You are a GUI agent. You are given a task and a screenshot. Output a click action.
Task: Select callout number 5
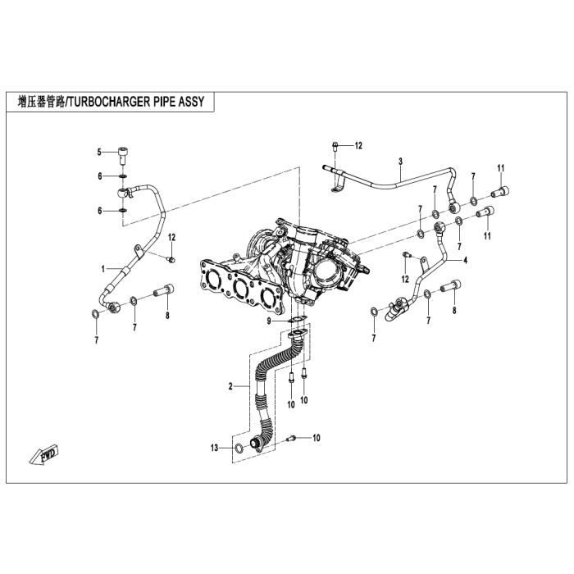pyautogui.click(x=99, y=152)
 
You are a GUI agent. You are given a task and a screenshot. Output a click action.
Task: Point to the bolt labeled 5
pyautogui.click(x=122, y=152)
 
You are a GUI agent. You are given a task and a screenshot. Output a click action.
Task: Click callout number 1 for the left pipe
pyautogui.click(x=104, y=268)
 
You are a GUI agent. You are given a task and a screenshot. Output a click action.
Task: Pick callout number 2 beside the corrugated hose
pyautogui.click(x=231, y=385)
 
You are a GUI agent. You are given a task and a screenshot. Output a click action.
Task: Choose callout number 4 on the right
pyautogui.click(x=465, y=260)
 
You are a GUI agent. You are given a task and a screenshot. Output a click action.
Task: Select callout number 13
pyautogui.click(x=215, y=448)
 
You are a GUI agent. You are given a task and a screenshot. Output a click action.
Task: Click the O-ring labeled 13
pyautogui.click(x=237, y=448)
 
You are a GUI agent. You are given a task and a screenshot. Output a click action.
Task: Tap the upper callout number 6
pyautogui.click(x=99, y=176)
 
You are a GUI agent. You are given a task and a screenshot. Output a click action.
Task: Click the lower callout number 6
pyautogui.click(x=99, y=211)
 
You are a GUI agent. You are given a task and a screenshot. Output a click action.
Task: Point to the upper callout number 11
pyautogui.click(x=499, y=168)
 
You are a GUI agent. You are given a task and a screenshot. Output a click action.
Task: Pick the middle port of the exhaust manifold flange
pyautogui.click(x=239, y=288)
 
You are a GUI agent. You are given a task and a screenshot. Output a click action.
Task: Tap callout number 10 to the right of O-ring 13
pyautogui.click(x=317, y=438)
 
